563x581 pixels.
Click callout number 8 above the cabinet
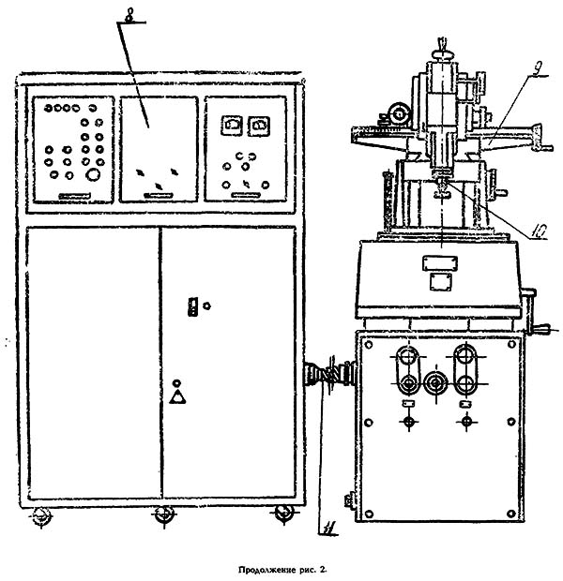click(x=129, y=17)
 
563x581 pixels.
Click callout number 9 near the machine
click(x=537, y=70)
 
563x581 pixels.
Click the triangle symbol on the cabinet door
click(x=177, y=396)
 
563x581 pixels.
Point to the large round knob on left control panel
click(x=93, y=174)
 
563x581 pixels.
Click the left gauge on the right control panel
click(x=232, y=126)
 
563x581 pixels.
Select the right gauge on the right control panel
click(x=259, y=126)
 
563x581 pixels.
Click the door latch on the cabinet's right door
click(x=192, y=306)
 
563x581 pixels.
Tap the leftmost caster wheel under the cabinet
click(x=41, y=515)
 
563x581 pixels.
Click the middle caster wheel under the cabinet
click(x=164, y=515)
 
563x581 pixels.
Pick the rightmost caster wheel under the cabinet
click(x=284, y=514)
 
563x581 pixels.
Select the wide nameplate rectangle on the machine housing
click(x=440, y=263)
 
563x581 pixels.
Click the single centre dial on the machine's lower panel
click(x=436, y=383)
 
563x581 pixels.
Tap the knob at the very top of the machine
click(x=442, y=55)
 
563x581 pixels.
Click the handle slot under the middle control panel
click(x=160, y=195)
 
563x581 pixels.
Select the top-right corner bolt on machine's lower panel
click(x=511, y=345)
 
